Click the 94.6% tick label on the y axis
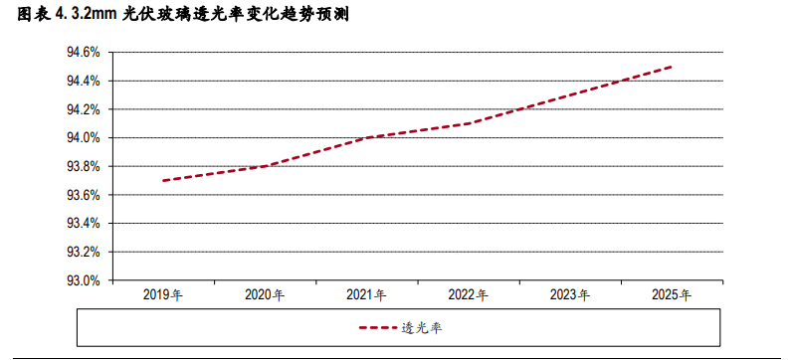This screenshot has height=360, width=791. [x=83, y=52]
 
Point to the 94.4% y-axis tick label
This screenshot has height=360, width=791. [x=83, y=81]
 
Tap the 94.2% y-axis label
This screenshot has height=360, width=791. [x=83, y=109]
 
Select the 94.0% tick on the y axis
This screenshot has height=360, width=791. [x=83, y=138]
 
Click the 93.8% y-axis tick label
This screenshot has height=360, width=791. [x=83, y=166]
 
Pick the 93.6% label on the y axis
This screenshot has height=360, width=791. [x=83, y=195]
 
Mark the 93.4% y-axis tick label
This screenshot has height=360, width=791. [x=83, y=224]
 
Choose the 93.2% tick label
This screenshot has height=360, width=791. [x=83, y=253]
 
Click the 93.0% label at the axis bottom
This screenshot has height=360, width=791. [x=83, y=281]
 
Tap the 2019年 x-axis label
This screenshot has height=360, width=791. [x=163, y=295]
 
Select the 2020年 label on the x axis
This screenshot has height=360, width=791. [x=265, y=295]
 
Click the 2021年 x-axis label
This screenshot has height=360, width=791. [x=366, y=295]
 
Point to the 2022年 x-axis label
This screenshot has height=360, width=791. [x=468, y=295]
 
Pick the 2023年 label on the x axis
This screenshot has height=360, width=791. [x=570, y=295]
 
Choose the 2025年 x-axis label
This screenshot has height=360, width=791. [x=672, y=295]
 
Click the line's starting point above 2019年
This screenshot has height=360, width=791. [x=163, y=181]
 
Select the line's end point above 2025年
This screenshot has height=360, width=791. [x=672, y=67]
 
